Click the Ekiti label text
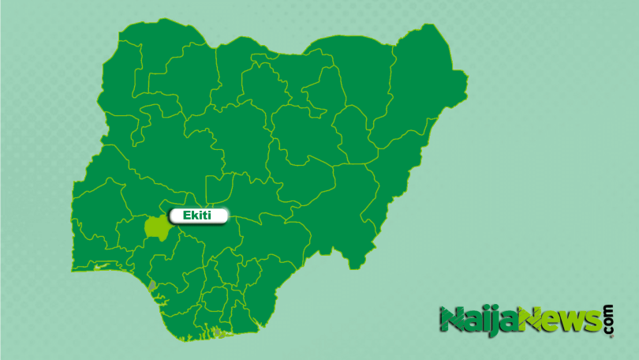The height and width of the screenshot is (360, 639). point(199,215)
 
